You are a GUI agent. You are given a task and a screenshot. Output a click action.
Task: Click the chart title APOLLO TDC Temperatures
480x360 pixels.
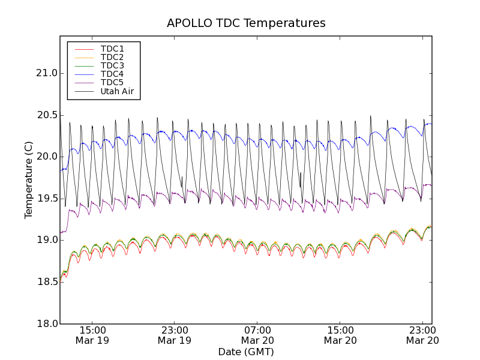click(x=246, y=23)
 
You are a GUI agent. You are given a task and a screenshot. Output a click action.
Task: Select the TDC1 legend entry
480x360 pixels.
click(x=112, y=49)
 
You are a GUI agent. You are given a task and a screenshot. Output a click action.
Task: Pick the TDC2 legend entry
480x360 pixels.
click(x=112, y=57)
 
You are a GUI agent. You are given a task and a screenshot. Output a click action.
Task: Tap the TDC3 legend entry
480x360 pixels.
click(x=112, y=65)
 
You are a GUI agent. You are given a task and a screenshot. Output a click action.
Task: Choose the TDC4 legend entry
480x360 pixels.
click(x=112, y=74)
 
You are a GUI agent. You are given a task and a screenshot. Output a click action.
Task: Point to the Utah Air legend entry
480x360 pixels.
click(x=117, y=92)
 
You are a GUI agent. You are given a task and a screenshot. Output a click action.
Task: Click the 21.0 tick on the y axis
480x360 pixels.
click(x=46, y=73)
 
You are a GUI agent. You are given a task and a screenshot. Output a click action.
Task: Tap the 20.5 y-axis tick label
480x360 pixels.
click(x=46, y=115)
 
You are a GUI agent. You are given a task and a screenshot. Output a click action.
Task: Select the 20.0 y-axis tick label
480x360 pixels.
click(x=46, y=157)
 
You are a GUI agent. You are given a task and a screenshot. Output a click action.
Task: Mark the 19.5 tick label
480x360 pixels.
click(x=46, y=199)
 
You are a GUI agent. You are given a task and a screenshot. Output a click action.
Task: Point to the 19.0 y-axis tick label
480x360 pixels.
click(x=46, y=240)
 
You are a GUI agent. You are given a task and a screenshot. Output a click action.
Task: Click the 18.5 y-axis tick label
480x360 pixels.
click(x=46, y=282)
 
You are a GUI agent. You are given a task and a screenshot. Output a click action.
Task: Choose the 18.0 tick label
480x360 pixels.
click(x=46, y=323)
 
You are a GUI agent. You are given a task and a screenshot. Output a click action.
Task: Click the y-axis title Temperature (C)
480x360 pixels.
click(x=29, y=180)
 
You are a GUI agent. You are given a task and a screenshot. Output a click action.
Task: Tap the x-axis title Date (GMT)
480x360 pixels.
click(x=246, y=352)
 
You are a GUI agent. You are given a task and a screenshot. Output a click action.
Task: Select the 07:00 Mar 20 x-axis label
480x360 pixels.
click(x=258, y=335)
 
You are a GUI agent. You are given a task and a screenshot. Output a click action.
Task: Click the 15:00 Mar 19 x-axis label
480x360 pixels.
click(x=92, y=335)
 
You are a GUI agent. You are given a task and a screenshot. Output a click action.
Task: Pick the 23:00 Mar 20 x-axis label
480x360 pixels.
click(x=423, y=335)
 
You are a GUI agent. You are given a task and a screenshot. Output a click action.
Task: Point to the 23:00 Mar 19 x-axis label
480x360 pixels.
click(x=175, y=335)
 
